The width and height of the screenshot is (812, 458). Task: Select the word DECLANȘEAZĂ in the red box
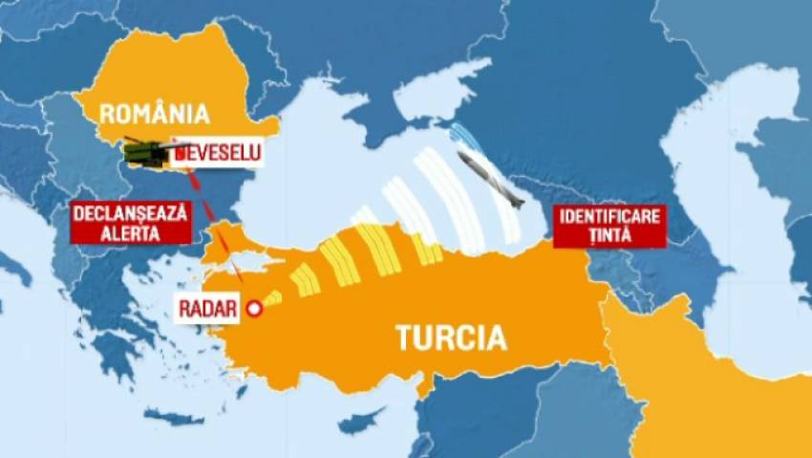pyautogui.click(x=130, y=211)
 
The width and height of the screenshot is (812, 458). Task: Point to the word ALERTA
pyautogui.click(x=130, y=231)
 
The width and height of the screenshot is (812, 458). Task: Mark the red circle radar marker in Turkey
pyautogui.click(x=254, y=308)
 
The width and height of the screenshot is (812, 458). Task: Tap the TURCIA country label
pyautogui.click(x=450, y=338)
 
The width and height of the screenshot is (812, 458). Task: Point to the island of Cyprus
pyautogui.click(x=359, y=421)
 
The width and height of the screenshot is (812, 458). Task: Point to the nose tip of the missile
pyautogui.click(x=523, y=206)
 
